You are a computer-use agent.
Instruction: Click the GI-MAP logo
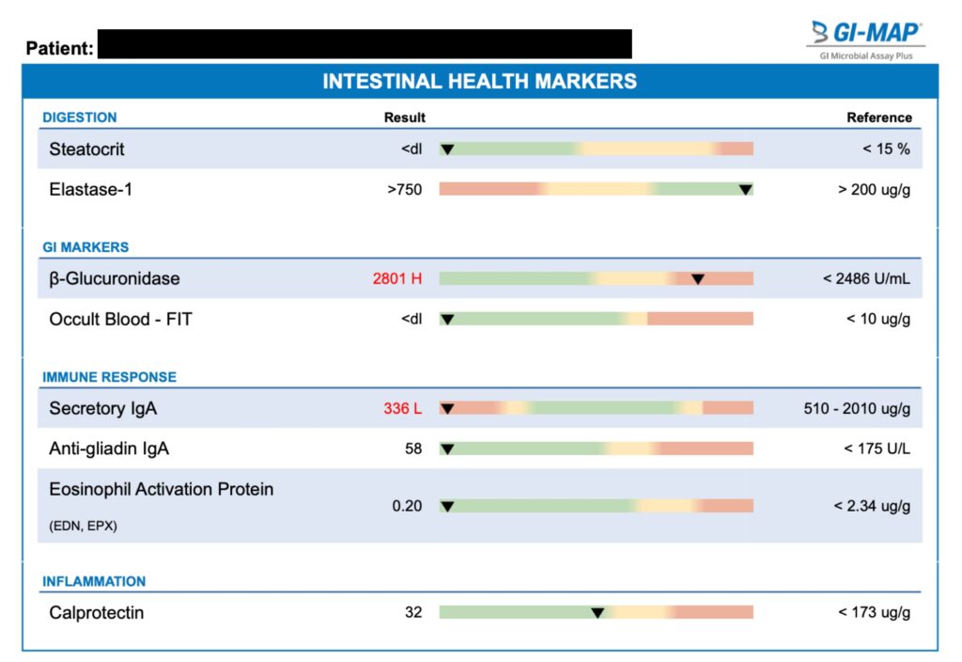[865, 34]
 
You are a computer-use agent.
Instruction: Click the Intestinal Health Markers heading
[479, 81]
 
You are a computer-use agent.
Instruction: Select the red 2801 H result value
[397, 279]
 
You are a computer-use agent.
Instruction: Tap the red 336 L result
[402, 409]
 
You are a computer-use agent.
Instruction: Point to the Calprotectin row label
[97, 613]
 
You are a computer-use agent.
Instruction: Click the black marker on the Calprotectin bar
[597, 613]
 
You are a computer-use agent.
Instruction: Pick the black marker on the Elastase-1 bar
[745, 190]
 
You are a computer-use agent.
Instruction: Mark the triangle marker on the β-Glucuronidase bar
[698, 279]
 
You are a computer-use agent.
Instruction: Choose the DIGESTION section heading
[80, 118]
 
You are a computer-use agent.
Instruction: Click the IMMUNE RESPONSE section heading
[109, 377]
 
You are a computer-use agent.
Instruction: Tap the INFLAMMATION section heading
[94, 581]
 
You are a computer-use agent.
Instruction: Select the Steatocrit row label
[86, 150]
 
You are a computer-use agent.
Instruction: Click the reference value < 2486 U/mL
[866, 279]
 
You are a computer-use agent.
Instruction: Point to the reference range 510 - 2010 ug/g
[852, 409]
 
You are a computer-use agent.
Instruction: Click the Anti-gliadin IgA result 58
[413, 449]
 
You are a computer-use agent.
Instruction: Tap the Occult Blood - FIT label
[120, 320]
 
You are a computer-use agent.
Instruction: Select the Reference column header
[879, 118]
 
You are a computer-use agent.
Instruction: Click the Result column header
[404, 118]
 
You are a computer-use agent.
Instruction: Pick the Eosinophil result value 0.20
[407, 506]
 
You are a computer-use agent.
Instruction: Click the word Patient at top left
[58, 48]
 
